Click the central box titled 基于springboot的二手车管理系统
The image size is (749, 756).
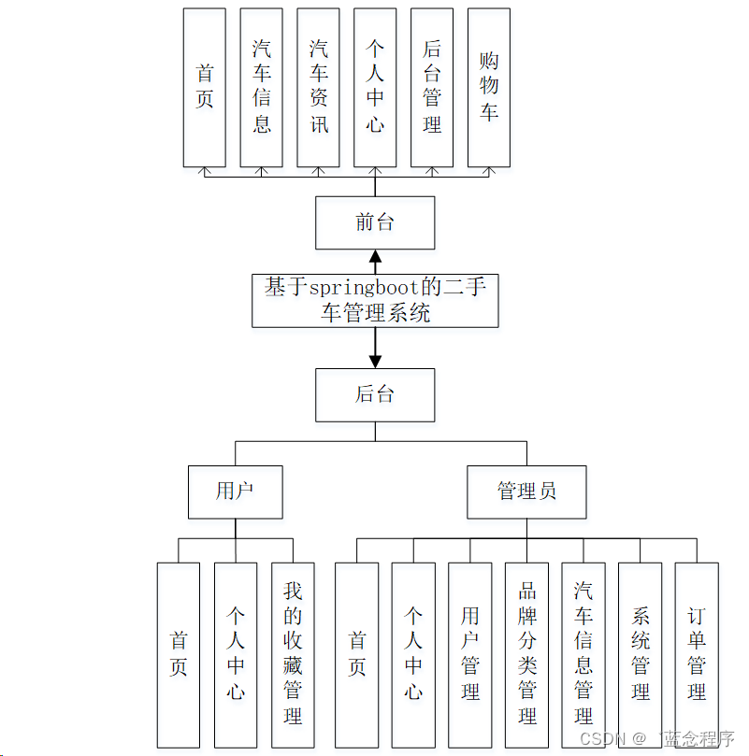[x=375, y=300]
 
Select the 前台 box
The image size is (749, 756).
[x=375, y=222]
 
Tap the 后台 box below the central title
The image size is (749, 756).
[x=375, y=394]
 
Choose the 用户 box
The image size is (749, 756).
[x=235, y=492]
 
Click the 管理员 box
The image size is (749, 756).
[x=527, y=492]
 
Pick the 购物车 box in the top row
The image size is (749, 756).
[x=489, y=87]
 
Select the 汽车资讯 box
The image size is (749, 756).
[x=319, y=87]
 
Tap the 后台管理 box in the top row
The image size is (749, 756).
[x=432, y=87]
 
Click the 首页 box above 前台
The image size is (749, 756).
[x=205, y=87]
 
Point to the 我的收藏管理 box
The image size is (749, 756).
[x=293, y=654]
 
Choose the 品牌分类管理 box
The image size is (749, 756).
[x=527, y=654]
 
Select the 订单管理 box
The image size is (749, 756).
[x=697, y=654]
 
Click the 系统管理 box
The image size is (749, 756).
[x=641, y=654]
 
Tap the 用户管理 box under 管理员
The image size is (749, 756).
[x=470, y=654]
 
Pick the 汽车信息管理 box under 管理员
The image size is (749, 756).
[x=584, y=654]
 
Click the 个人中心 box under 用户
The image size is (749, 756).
[x=236, y=654]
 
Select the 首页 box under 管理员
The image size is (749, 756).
[x=357, y=654]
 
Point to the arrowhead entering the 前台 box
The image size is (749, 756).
[x=375, y=257]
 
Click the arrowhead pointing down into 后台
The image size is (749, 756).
[x=375, y=361]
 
